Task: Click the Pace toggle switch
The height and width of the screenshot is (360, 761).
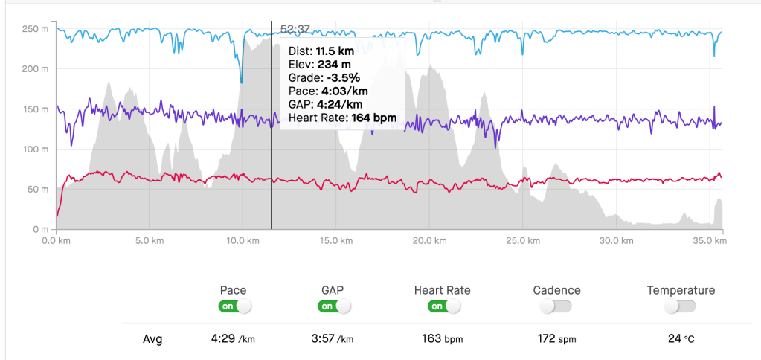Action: coord(234,306)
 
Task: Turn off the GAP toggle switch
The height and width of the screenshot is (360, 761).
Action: coord(334,306)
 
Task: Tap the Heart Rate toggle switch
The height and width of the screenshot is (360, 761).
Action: coord(443,306)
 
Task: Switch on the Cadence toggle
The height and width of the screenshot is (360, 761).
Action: coord(556,306)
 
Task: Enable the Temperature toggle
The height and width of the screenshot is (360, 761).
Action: coord(681,306)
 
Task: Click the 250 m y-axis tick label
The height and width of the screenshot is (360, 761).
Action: coord(36,29)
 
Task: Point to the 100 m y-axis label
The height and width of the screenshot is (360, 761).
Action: coord(36,149)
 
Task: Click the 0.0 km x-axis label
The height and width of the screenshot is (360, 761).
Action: coord(57,241)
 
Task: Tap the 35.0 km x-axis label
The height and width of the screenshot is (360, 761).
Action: coord(710,241)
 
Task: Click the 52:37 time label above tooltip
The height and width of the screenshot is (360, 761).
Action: coord(295,29)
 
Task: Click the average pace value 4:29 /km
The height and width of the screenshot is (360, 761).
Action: coord(233,339)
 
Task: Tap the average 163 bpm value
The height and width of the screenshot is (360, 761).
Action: coord(442,339)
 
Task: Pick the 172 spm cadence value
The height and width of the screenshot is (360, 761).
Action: coord(556,339)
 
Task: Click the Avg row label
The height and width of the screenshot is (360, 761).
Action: coord(152,340)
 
